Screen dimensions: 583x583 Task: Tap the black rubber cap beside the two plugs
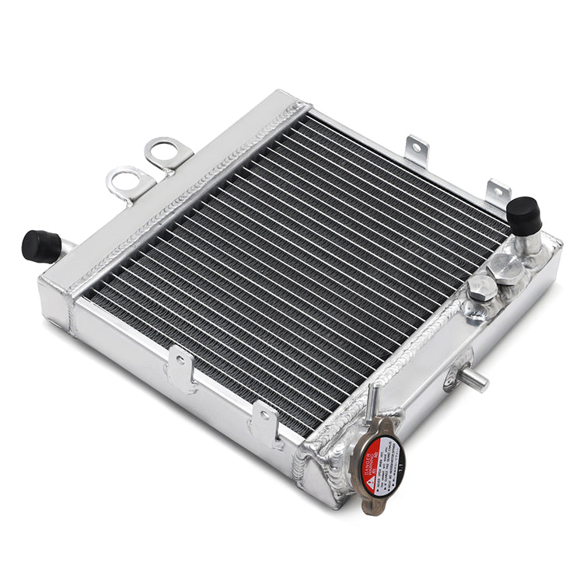[x=524, y=215]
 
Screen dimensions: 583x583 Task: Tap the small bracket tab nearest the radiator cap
[x=264, y=421]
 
